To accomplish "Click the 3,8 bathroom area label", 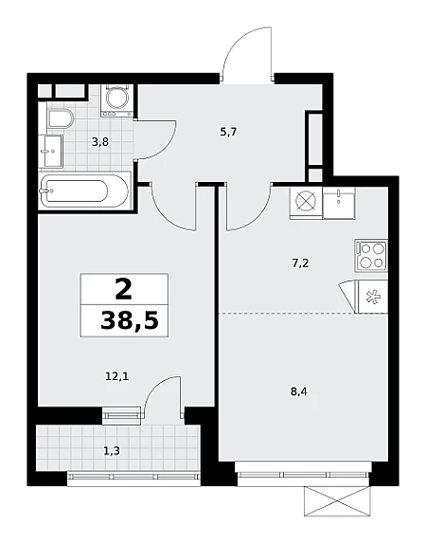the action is pos(100,142).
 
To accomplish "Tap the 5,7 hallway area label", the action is pos(228,132).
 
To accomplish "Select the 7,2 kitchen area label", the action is pos(300,263).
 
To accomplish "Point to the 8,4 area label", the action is pos(299,392).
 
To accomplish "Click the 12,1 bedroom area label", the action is pos(117,375).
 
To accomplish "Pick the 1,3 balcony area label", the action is pos(112,451).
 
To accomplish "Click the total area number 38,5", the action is pos(130,320).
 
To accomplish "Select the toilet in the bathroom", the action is pos(61,119).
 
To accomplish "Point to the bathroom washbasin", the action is pos(54,152).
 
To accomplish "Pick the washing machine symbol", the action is pos(117,100).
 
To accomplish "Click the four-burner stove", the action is pos(370,256).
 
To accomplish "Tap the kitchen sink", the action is pos(339,203).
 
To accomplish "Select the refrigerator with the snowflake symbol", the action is pos(373,297).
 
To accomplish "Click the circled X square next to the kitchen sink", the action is pos(306,203).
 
